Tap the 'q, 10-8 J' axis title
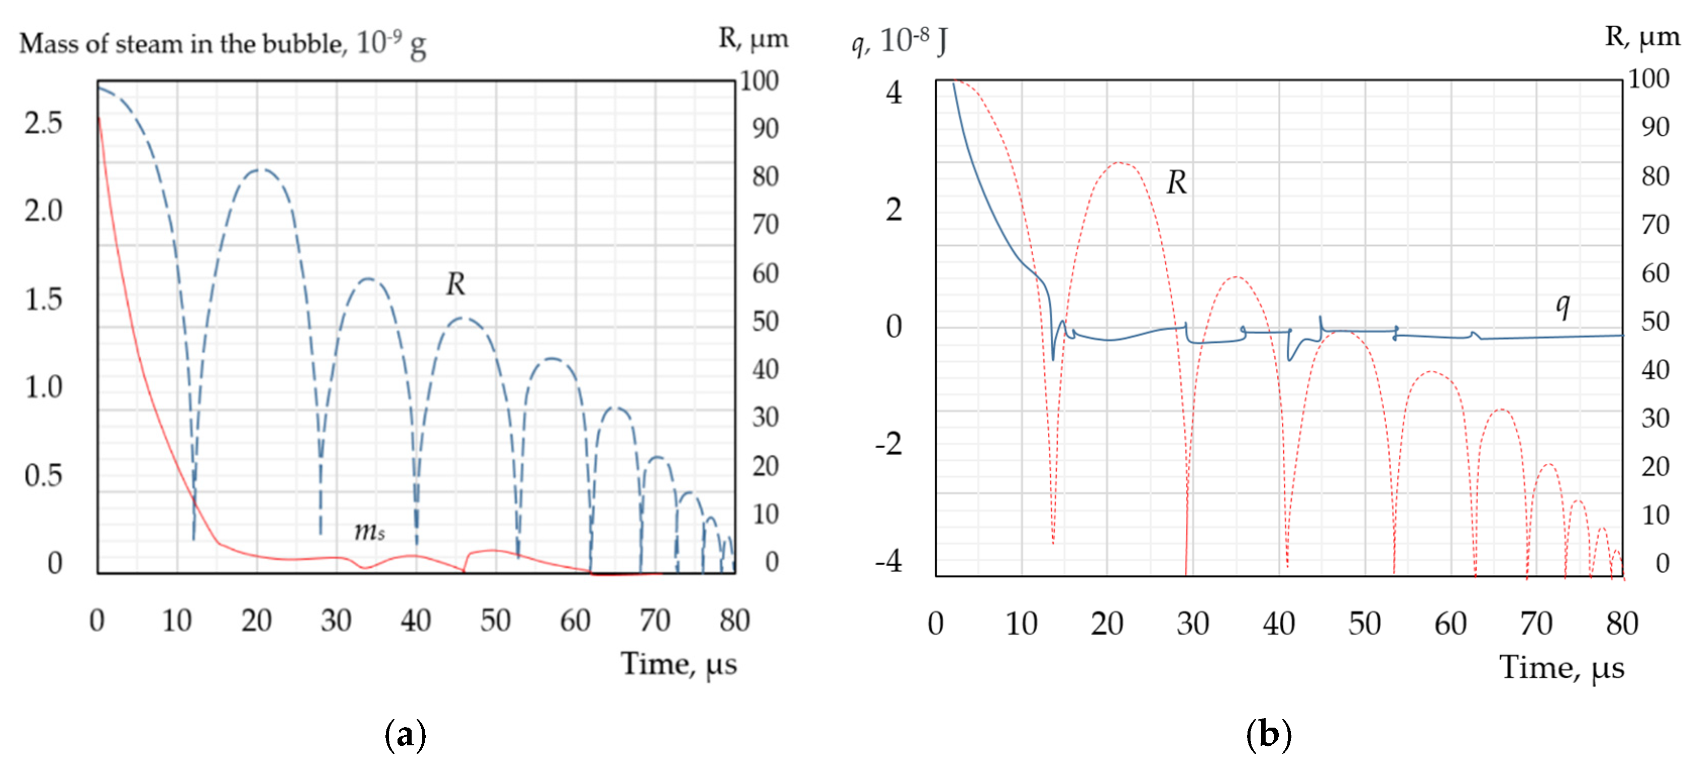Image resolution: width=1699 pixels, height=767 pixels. (899, 41)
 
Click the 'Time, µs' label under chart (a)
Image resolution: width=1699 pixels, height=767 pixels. (678, 664)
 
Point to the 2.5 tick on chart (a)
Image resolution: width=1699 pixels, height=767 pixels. (43, 123)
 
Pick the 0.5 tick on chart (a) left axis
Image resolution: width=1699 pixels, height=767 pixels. (43, 475)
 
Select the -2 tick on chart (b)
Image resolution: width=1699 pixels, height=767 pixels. (888, 444)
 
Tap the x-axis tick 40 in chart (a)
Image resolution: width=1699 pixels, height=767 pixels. (416, 621)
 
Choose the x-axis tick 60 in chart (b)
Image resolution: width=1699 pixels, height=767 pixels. (1450, 624)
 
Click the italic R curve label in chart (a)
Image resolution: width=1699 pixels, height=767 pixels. (455, 284)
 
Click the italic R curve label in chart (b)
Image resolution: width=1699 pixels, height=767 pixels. (1176, 183)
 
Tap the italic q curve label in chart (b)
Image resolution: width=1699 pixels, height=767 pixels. (1562, 305)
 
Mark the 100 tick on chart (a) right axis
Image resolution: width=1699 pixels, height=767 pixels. (759, 81)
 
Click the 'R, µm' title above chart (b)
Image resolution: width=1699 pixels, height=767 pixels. (1641, 37)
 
